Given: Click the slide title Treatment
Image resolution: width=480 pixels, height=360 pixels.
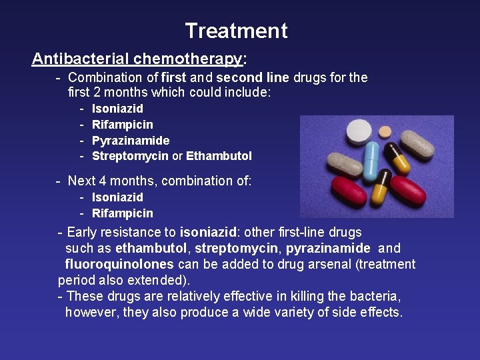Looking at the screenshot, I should coord(236,31).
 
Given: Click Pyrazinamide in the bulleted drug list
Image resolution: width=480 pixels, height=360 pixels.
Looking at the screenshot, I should coord(131,141).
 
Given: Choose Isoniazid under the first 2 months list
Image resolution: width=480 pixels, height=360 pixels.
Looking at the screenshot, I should coord(117,109).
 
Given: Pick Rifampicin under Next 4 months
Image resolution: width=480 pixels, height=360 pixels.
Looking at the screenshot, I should coord(122,213).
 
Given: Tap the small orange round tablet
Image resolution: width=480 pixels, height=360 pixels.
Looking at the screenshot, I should coord(385,133).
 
